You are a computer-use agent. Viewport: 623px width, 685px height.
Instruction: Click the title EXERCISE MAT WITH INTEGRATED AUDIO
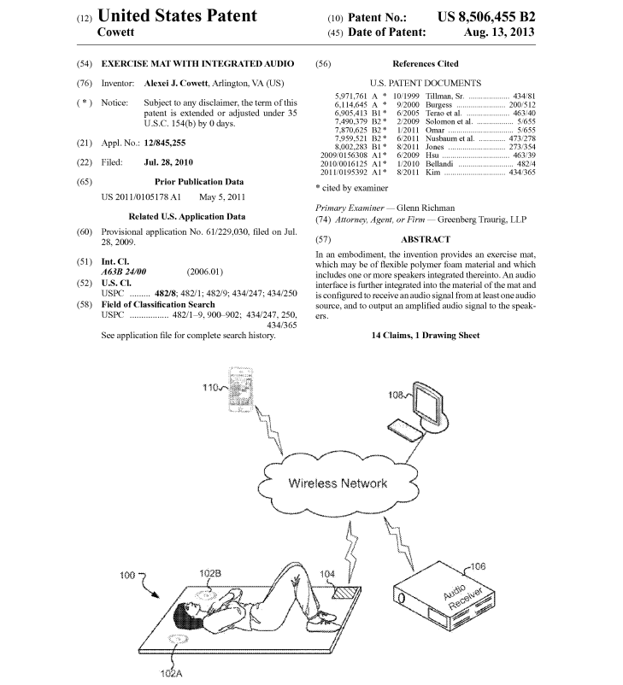[197, 64]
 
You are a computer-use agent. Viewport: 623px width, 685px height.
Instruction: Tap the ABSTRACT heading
[425, 240]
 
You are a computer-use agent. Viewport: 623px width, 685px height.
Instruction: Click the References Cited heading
[425, 64]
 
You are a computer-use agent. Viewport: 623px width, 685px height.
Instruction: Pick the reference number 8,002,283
[351, 147]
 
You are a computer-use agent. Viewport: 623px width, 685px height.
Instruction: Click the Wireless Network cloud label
[338, 483]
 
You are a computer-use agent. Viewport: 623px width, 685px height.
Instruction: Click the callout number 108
[396, 396]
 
